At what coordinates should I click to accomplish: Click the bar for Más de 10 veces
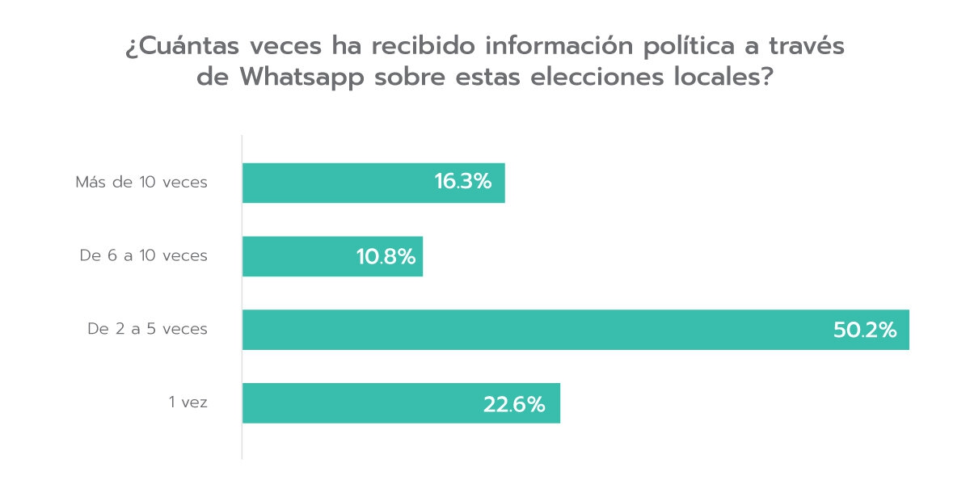coord(339,183)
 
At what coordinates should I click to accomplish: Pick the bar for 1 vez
coord(364,403)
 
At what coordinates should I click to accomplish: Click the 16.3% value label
coord(462,183)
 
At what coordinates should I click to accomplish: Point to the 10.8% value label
coord(386,257)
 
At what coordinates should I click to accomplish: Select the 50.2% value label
coord(865,330)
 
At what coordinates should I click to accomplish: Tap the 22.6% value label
coord(514,404)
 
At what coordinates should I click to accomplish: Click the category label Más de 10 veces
coord(141,183)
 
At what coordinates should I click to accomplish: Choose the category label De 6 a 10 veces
coord(143,256)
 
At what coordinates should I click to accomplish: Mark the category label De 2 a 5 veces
coord(147,330)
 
